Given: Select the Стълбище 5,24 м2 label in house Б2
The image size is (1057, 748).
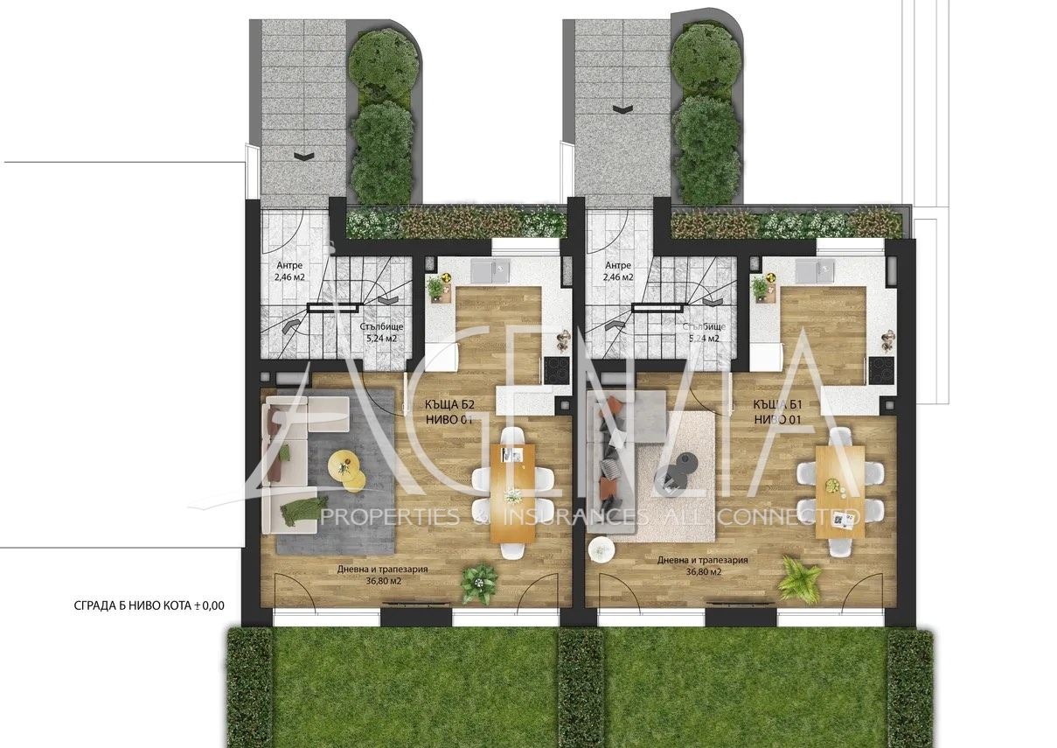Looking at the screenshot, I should (x=380, y=332).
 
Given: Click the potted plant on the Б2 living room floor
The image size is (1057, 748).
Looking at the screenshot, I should (x=478, y=582).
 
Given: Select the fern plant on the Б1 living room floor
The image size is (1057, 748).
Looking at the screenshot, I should (x=799, y=577).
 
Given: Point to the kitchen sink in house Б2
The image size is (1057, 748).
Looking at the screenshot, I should (x=487, y=269).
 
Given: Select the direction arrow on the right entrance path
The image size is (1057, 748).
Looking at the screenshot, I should (x=622, y=109).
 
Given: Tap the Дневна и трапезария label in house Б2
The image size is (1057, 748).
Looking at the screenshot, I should (x=382, y=574).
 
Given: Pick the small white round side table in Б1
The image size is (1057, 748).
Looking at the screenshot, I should (x=602, y=549).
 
